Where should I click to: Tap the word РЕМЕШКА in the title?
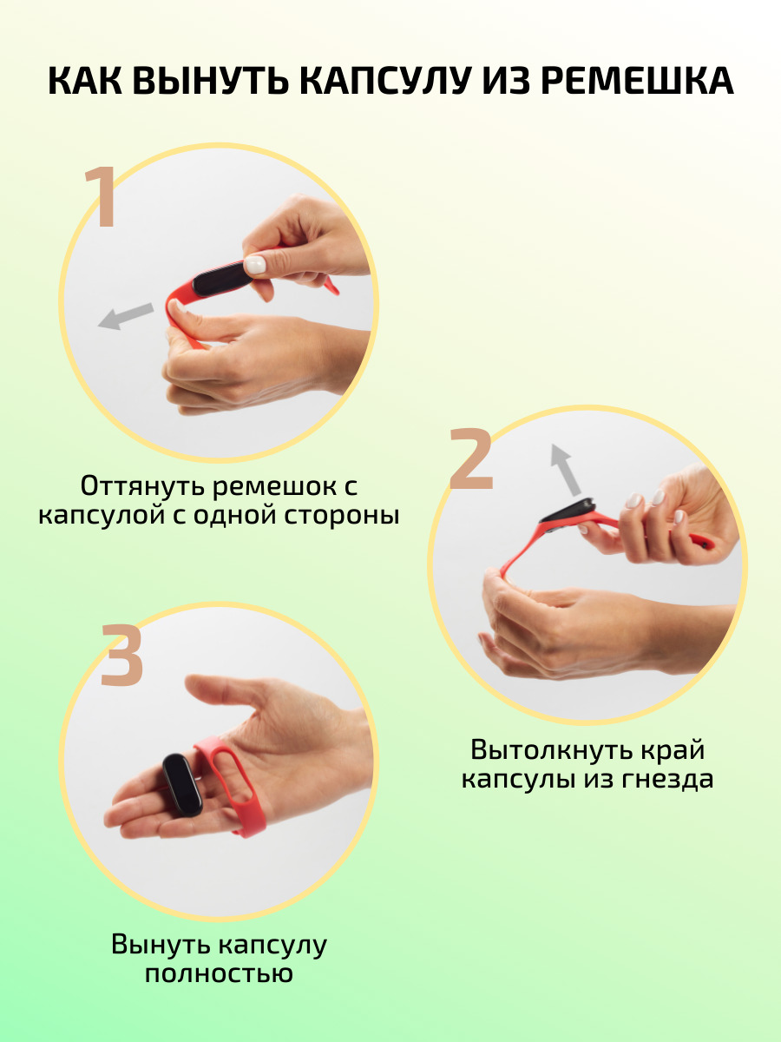[637, 81]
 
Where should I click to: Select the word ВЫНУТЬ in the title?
[211, 81]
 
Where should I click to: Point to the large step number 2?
[470, 458]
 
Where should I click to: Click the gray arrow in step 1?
[125, 316]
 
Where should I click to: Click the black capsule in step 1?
[223, 280]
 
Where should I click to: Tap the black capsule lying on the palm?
[182, 785]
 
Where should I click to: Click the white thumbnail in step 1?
[255, 265]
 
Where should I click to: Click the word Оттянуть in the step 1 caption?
[142, 486]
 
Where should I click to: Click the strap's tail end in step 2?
[703, 541]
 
